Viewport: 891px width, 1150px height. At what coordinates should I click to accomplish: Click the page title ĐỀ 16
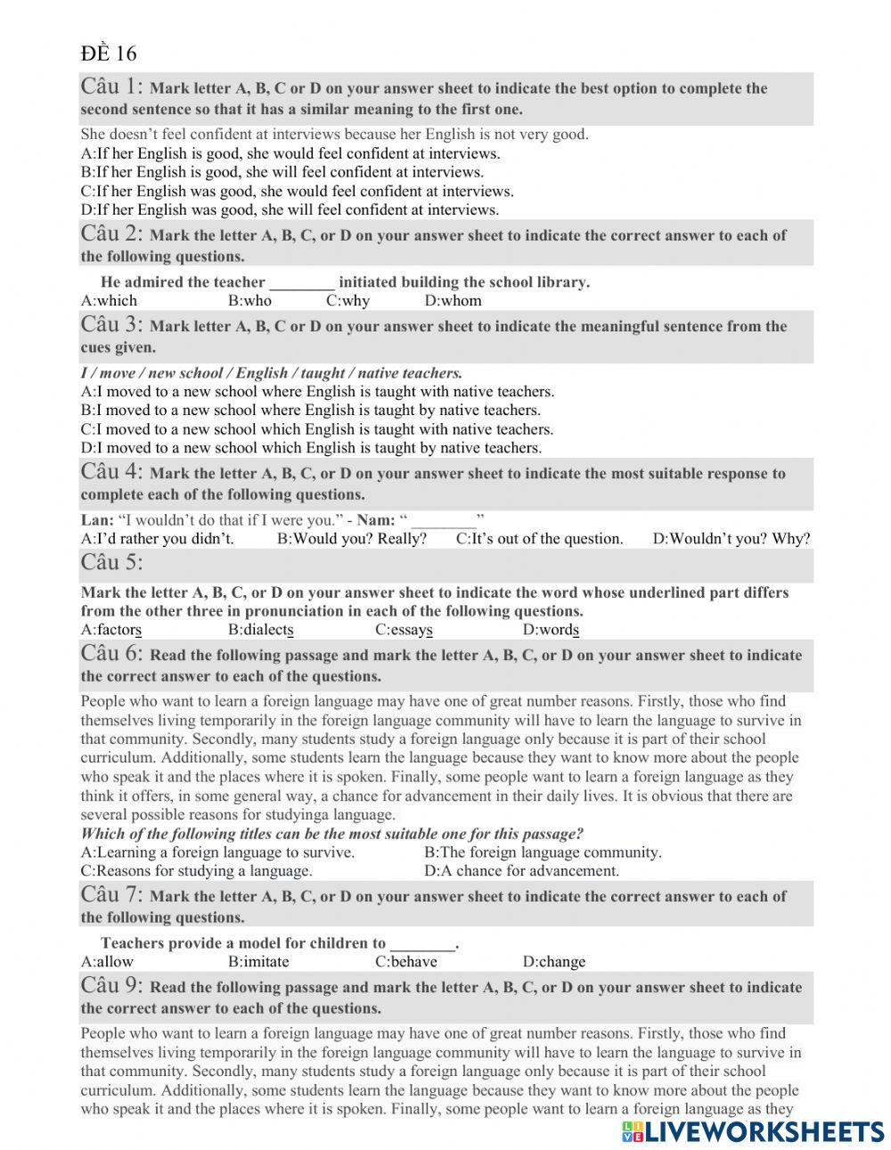109,53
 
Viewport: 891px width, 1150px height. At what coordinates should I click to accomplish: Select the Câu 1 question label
111,86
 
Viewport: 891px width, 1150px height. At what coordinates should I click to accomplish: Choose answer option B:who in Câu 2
249,301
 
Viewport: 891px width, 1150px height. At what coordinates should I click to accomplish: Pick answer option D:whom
453,301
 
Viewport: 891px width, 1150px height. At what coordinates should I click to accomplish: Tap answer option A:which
109,301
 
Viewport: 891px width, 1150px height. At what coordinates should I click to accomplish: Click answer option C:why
347,301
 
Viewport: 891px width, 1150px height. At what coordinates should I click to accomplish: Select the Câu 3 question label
111,324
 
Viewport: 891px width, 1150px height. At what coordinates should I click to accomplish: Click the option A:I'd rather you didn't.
157,539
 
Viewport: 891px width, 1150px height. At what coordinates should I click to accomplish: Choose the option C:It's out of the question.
539,539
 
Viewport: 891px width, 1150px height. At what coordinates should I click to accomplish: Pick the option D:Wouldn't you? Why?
732,539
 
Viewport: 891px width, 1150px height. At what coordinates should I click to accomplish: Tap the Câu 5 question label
111,563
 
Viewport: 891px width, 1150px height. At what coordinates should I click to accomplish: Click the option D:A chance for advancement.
521,871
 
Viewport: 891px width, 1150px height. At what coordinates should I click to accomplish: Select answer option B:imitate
258,962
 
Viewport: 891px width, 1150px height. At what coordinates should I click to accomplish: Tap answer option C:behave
406,962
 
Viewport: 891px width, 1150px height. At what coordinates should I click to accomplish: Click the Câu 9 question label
111,985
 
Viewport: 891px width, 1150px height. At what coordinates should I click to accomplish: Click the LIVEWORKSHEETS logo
753,1131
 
